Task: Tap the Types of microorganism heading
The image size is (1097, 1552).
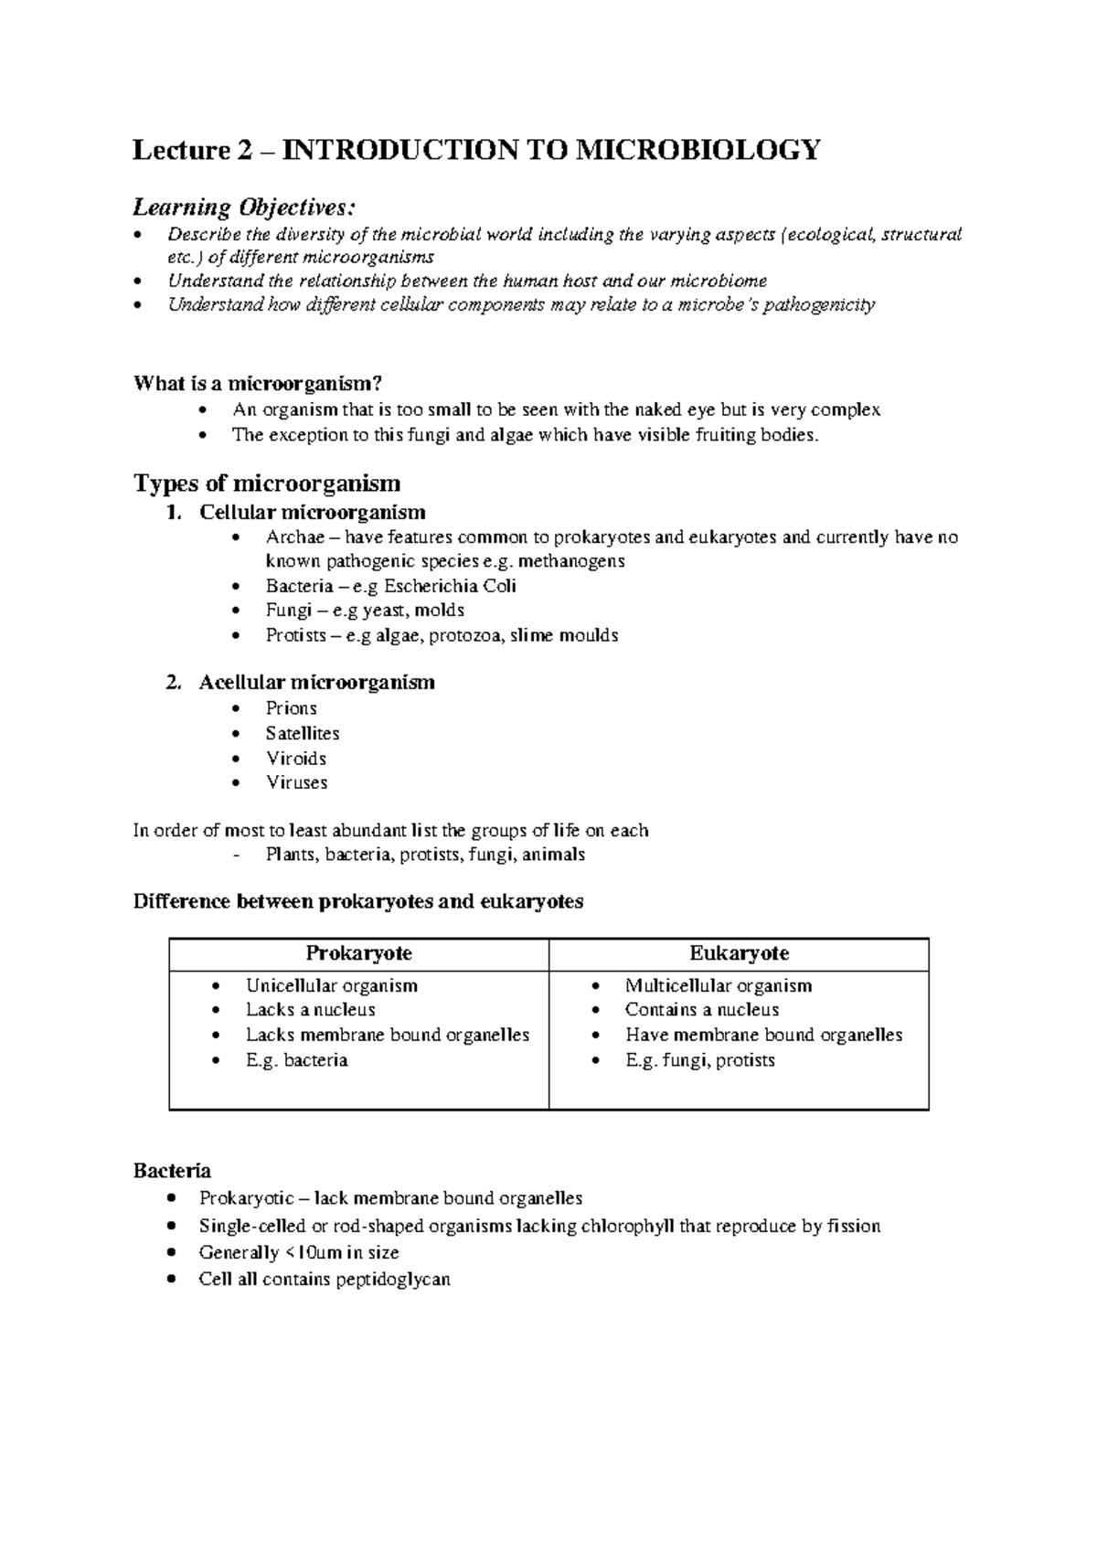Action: pos(267,483)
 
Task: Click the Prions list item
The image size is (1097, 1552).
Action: pos(291,708)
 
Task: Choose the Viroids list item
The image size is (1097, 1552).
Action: pos(295,758)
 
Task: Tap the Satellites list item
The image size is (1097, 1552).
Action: pos(302,733)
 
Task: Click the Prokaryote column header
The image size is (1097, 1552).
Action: pos(358,953)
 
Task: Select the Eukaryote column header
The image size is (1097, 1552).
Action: pos(739,953)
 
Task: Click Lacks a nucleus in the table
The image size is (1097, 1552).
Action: pos(310,1010)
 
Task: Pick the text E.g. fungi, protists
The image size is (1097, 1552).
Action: pos(699,1060)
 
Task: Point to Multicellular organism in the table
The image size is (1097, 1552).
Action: pos(718,985)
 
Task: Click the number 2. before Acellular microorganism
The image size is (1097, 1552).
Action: pos(175,683)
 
